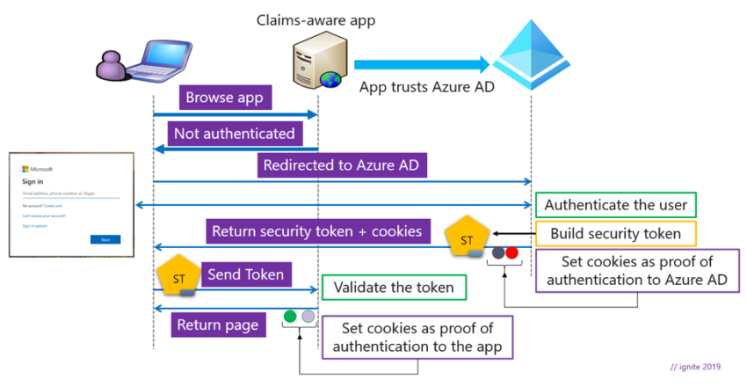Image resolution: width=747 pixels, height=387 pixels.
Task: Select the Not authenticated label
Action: pos(236,133)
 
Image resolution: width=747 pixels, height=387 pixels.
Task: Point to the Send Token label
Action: pos(246,274)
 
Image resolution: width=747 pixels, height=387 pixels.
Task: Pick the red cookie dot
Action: pos(512,252)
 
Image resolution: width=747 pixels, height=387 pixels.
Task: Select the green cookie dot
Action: pos(290,316)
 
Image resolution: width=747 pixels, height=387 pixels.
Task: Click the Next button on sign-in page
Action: pos(105,239)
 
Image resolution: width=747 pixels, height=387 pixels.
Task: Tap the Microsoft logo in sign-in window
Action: pos(25,169)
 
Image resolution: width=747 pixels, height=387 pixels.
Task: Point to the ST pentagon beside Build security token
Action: pos(467,239)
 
